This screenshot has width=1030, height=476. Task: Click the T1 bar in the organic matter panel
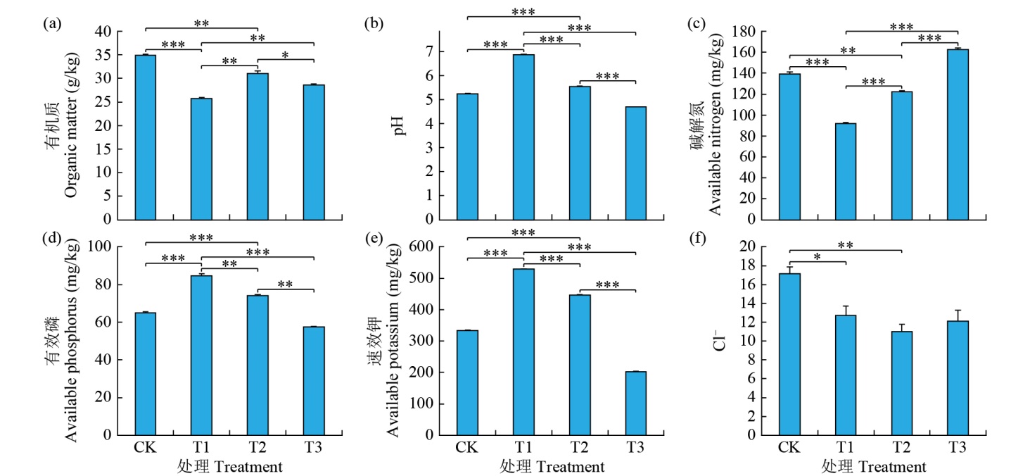pos(201,158)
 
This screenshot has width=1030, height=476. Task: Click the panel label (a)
pos(51,24)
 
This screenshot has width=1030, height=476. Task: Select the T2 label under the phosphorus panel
pos(257,448)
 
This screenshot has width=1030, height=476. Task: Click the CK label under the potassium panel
pos(467,448)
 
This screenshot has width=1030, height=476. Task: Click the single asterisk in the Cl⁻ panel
pos(817,258)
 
